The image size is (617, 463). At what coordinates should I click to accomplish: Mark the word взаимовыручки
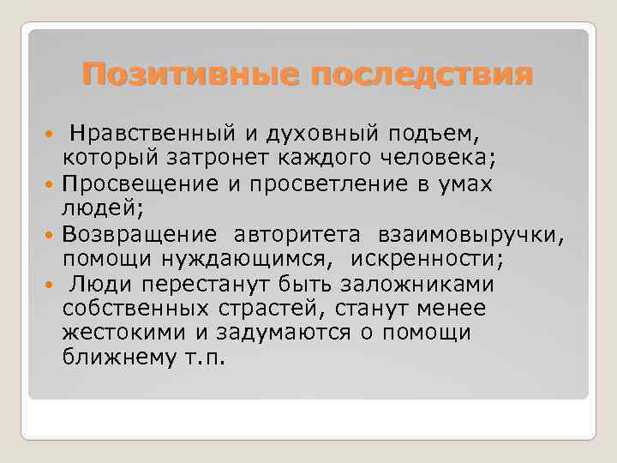(467, 234)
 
